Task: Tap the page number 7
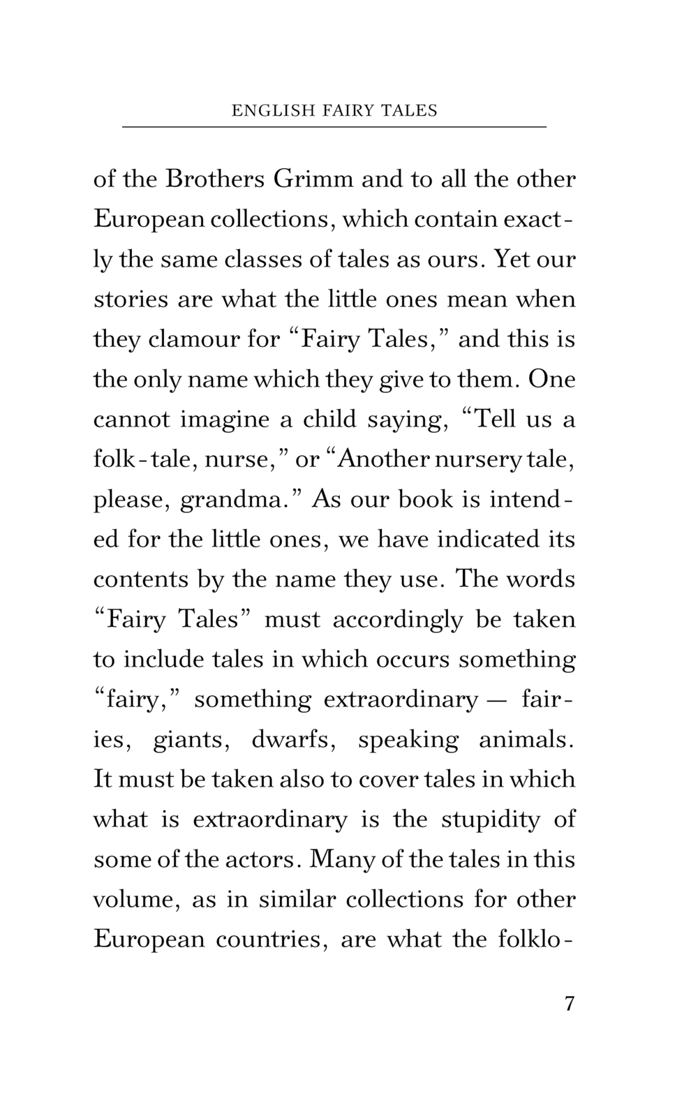569,1004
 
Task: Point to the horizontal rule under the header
334,127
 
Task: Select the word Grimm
313,179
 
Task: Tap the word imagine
224,420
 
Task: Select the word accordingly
398,619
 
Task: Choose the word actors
264,859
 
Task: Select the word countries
272,939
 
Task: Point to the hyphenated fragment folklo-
536,939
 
